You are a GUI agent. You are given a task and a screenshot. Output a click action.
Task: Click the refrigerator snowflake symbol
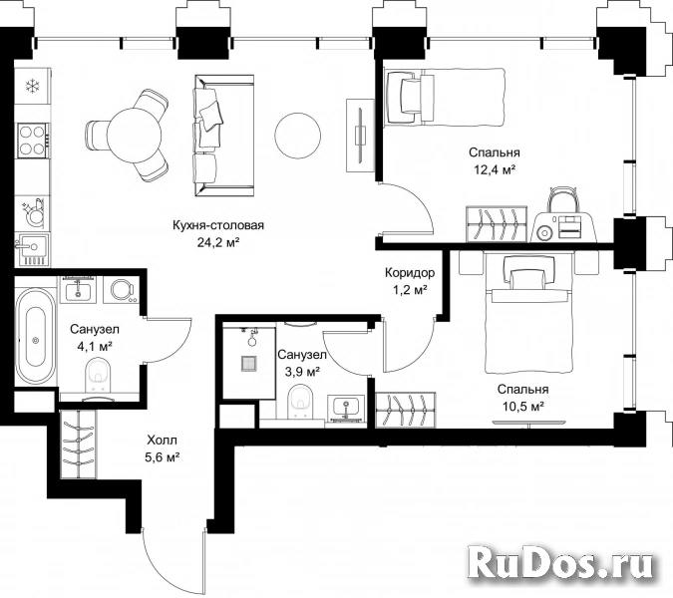click(32, 86)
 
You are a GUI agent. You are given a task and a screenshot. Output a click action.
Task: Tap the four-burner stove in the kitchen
click(33, 141)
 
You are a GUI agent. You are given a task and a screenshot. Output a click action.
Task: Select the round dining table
click(127, 136)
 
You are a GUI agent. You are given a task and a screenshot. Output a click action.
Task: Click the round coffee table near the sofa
click(297, 135)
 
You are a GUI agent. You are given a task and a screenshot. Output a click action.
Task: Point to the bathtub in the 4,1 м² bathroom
click(36, 337)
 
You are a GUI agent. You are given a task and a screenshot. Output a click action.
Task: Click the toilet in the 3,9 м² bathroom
click(299, 402)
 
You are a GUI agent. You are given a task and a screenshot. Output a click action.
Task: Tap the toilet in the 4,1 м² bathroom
click(98, 376)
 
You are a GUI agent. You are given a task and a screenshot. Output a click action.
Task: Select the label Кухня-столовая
click(218, 225)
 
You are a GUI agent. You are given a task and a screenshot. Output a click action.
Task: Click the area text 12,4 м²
click(495, 169)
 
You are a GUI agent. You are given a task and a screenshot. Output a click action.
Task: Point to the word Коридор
click(410, 272)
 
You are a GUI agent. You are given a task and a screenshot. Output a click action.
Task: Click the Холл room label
click(162, 441)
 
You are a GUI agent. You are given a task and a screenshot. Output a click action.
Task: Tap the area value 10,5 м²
click(523, 407)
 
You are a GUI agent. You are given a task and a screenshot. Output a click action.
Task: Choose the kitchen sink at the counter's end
click(32, 249)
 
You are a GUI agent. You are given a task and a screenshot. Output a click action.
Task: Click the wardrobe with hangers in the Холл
click(78, 444)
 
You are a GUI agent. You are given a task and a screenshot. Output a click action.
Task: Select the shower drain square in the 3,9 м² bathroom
click(248, 364)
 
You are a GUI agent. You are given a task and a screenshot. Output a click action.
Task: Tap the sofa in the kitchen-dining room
click(224, 136)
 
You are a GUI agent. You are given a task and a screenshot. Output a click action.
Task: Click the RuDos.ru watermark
click(560, 561)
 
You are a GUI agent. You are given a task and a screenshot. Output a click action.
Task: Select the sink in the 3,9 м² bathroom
click(346, 407)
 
